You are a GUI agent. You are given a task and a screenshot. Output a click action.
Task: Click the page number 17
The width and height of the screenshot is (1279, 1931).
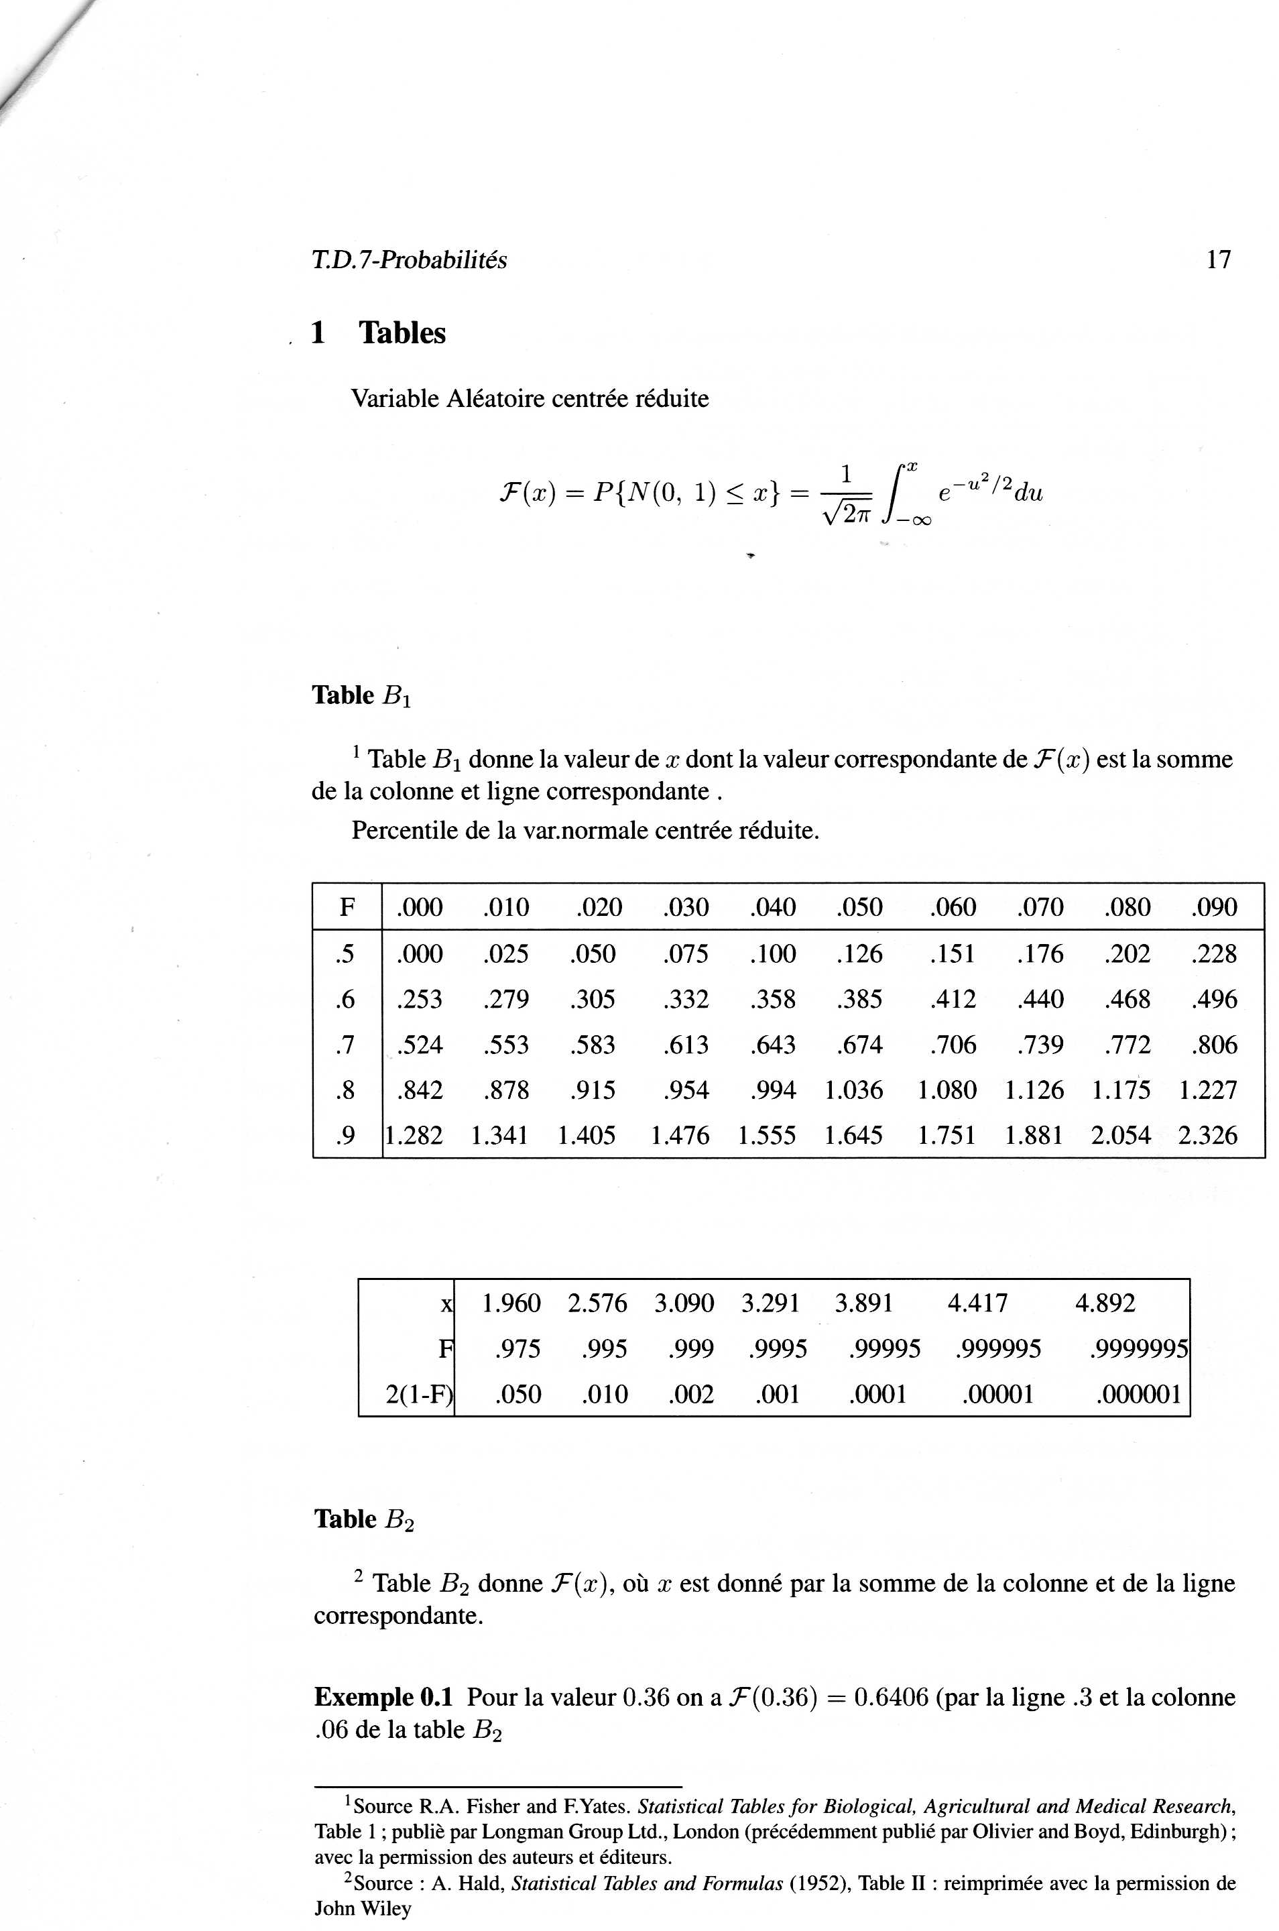[x=1218, y=259]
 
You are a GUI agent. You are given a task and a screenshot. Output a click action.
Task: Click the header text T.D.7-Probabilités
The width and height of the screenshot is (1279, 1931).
[x=409, y=259]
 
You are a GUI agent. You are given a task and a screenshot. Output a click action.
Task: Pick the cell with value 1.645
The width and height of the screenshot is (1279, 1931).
[x=853, y=1134]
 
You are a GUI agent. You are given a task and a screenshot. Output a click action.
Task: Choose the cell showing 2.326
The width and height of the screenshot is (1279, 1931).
[x=1207, y=1134]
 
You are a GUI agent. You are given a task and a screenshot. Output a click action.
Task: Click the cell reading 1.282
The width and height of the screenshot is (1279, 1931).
[x=414, y=1134]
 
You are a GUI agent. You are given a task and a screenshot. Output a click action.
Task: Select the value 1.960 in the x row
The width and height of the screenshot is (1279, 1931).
[x=511, y=1303]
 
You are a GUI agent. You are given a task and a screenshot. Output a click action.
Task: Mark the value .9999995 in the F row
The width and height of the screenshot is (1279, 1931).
[x=1138, y=1348]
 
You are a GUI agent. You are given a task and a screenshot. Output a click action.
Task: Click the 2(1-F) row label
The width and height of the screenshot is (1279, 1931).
[x=418, y=1393]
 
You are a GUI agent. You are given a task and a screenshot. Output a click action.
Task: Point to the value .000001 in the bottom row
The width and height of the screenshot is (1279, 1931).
[x=1138, y=1393]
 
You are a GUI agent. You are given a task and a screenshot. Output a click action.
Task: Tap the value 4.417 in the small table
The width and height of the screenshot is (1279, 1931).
[x=977, y=1303]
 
